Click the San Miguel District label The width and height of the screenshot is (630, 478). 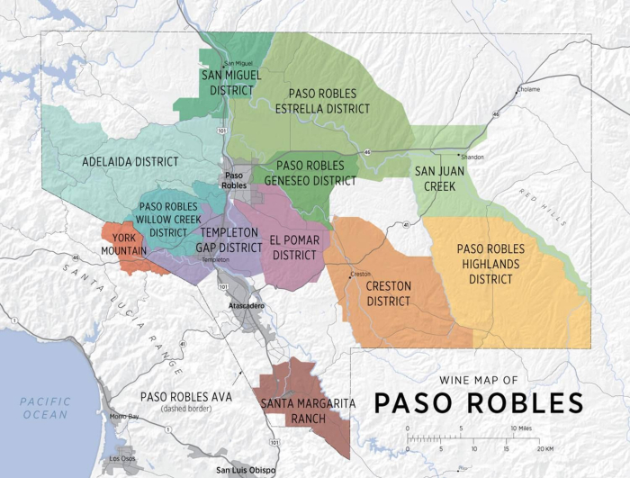point(230,82)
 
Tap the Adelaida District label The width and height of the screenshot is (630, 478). point(130,162)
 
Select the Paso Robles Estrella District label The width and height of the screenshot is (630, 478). point(328,101)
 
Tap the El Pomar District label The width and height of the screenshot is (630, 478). point(294,248)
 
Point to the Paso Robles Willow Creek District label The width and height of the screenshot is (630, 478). point(168,219)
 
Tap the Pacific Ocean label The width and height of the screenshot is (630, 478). point(45,408)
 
